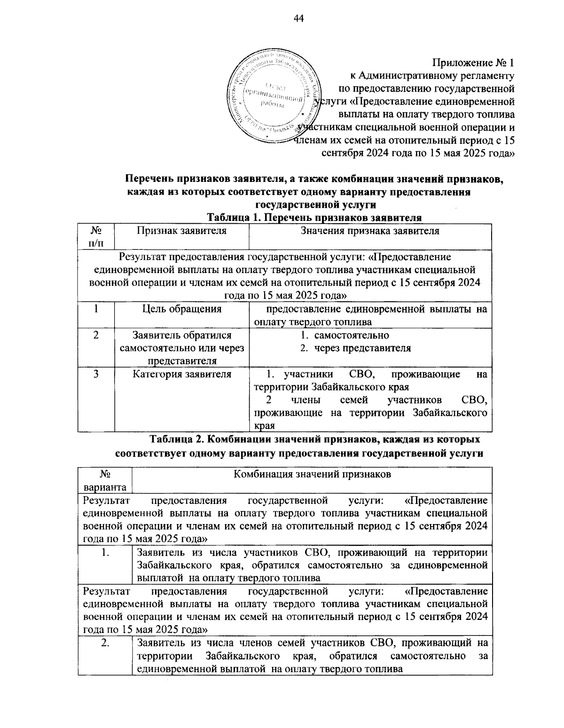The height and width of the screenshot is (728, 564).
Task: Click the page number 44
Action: (x=299, y=18)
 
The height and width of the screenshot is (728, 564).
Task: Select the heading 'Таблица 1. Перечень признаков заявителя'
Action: (x=314, y=218)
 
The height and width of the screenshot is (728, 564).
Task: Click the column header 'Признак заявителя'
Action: (x=181, y=231)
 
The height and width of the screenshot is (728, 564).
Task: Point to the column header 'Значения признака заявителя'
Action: (x=370, y=231)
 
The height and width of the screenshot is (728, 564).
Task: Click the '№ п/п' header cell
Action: (x=96, y=237)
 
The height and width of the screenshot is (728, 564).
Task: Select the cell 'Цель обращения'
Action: (x=181, y=309)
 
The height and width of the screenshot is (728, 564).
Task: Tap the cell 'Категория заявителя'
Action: (x=181, y=375)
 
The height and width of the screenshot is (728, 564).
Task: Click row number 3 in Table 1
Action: (x=96, y=375)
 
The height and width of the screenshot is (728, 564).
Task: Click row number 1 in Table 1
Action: (x=96, y=309)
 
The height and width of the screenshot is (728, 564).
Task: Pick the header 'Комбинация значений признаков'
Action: (x=313, y=475)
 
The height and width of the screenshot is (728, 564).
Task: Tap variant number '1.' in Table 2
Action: (x=105, y=553)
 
